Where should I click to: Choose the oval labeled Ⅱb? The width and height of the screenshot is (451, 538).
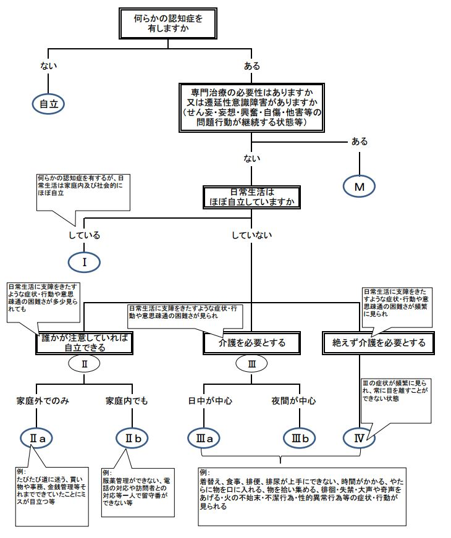tap(134, 438)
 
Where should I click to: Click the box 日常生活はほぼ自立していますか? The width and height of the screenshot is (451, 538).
tap(252, 196)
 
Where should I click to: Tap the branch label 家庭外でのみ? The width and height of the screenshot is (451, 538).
tap(42, 400)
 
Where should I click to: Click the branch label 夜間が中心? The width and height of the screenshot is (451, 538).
tap(293, 400)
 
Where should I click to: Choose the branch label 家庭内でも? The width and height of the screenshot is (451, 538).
tap(127, 400)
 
